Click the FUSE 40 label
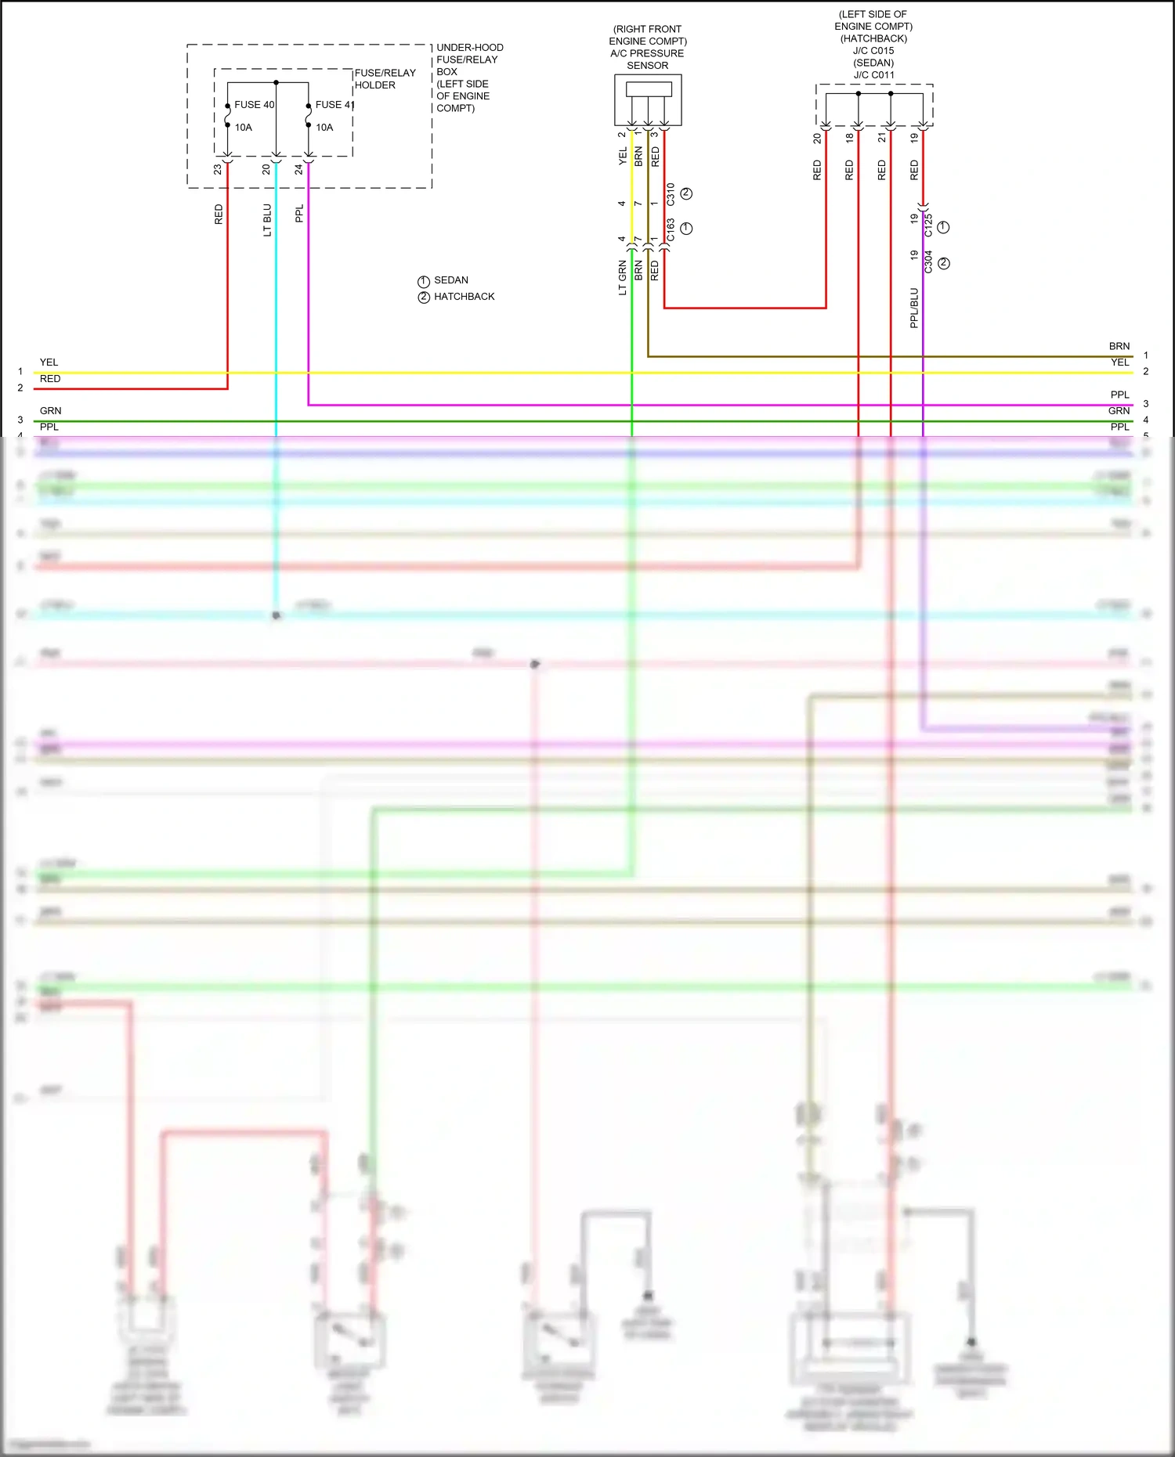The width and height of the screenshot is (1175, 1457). pyautogui.click(x=254, y=105)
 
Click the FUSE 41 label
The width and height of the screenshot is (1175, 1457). pyautogui.click(x=334, y=105)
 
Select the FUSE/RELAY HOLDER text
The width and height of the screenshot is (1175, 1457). pyautogui.click(x=385, y=79)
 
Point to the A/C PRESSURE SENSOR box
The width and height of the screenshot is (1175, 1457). pyautogui.click(x=648, y=99)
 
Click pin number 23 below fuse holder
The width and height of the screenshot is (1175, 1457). pyautogui.click(x=218, y=169)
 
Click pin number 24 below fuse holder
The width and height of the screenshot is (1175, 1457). pyautogui.click(x=298, y=169)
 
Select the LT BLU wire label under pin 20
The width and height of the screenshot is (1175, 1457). pyautogui.click(x=267, y=220)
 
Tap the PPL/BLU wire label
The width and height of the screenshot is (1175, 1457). pyautogui.click(x=913, y=308)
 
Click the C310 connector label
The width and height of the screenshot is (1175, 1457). pyautogui.click(x=671, y=195)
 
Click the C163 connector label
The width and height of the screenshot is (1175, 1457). pyautogui.click(x=671, y=229)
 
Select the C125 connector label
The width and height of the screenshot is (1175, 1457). pyautogui.click(x=928, y=225)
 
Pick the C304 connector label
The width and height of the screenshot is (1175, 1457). pyautogui.click(x=928, y=262)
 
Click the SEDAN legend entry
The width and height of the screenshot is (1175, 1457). pyautogui.click(x=450, y=280)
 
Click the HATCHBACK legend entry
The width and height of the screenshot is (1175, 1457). pyautogui.click(x=464, y=297)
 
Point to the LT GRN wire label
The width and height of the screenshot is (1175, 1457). pyautogui.click(x=623, y=278)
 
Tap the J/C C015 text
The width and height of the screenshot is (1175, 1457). pyautogui.click(x=873, y=51)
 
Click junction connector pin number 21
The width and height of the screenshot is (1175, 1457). pyautogui.click(x=882, y=138)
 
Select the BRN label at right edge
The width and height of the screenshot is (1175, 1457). pyautogui.click(x=1119, y=346)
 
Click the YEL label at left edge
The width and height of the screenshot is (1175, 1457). pyautogui.click(x=49, y=362)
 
